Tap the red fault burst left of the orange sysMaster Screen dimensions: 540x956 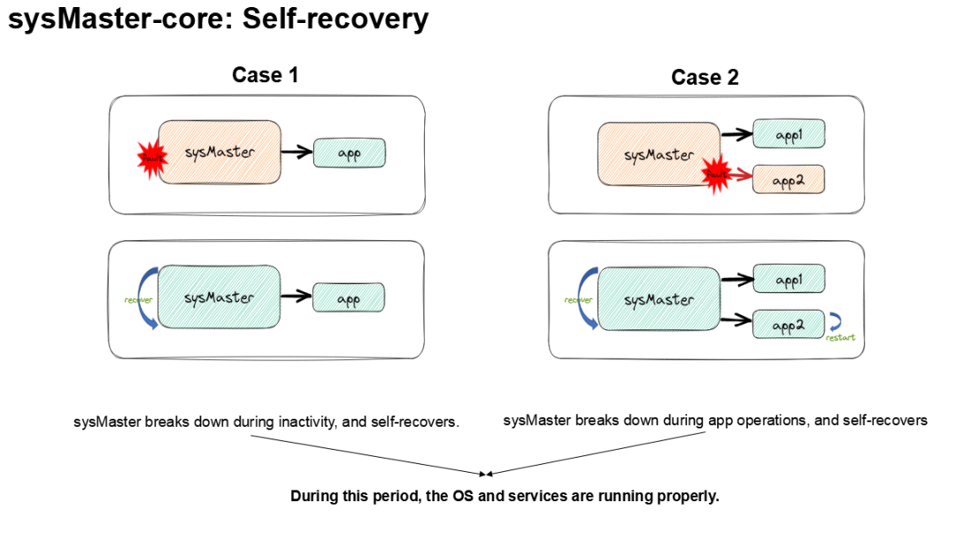click(x=151, y=158)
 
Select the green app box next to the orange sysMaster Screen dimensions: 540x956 click(x=349, y=153)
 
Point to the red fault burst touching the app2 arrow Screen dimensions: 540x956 click(x=715, y=174)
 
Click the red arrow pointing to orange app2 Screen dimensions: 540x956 click(x=742, y=176)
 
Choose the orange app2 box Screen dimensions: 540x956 click(x=789, y=180)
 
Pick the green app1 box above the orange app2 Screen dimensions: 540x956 click(x=789, y=135)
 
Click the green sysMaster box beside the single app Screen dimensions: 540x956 click(x=219, y=297)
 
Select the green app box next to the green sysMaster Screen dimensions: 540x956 click(x=349, y=298)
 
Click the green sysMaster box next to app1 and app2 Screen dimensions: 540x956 click(x=659, y=299)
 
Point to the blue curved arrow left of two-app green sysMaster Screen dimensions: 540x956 click(x=587, y=299)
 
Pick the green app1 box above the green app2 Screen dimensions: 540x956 click(x=789, y=280)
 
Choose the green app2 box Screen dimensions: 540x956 click(x=789, y=325)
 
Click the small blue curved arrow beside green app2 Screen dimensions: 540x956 click(x=834, y=323)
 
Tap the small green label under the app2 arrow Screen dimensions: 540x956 click(x=840, y=337)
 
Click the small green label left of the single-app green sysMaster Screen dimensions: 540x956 click(x=137, y=300)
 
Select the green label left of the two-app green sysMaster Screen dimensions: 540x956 click(x=577, y=300)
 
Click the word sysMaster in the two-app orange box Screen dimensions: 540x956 click(x=659, y=155)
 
